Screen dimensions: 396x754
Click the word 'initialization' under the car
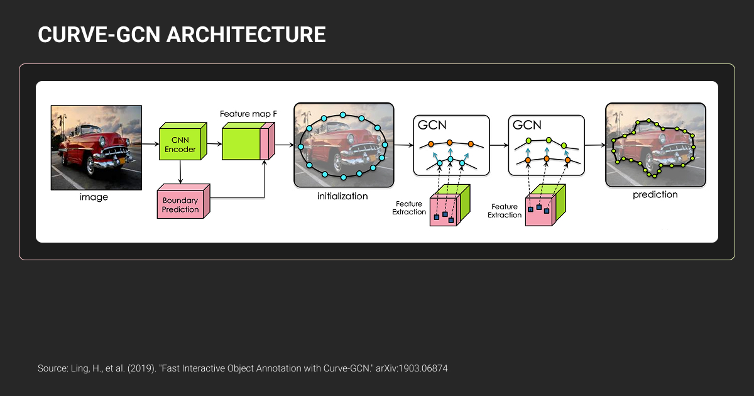tap(342, 196)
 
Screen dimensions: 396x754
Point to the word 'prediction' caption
tap(655, 195)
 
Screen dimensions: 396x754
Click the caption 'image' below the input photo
tap(94, 197)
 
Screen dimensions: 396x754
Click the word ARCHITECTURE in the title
tap(246, 35)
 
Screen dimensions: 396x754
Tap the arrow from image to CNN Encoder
tap(150, 145)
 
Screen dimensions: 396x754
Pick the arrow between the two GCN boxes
tap(498, 145)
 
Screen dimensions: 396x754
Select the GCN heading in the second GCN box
tap(527, 124)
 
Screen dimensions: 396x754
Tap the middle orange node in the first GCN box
tap(451, 143)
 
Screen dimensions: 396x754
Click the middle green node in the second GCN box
tap(549, 140)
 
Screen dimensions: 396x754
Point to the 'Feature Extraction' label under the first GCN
tap(410, 208)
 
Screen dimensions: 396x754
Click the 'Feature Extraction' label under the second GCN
tap(505, 211)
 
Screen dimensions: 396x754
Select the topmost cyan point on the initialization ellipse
tap(343, 115)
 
